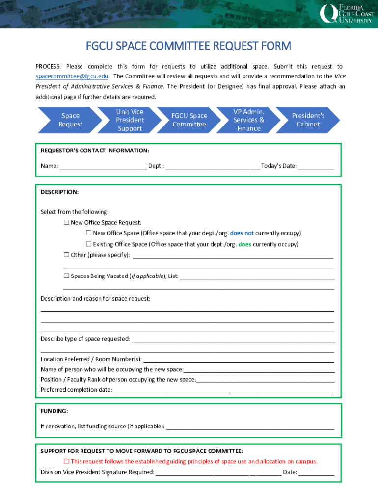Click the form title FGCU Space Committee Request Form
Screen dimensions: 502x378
(x=189, y=46)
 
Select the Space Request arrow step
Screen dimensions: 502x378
(x=70, y=120)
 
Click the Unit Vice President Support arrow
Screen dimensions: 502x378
(x=130, y=120)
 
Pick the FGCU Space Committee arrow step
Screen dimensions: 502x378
(x=189, y=120)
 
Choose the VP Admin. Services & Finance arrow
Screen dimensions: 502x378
(x=248, y=120)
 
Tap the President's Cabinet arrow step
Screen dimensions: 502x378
(x=308, y=120)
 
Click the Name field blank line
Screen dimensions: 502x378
(x=103, y=166)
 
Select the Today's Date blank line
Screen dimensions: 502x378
(x=316, y=166)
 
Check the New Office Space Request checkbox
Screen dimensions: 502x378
(x=66, y=223)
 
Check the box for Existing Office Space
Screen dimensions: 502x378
(x=89, y=244)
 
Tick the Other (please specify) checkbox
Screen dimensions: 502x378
(x=66, y=255)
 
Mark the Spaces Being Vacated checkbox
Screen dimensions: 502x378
(x=66, y=276)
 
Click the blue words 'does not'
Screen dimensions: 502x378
(x=242, y=233)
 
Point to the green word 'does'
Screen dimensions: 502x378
(x=244, y=244)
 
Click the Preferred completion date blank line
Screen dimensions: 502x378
(x=223, y=390)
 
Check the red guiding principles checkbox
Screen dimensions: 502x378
(x=66, y=461)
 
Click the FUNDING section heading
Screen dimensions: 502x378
(x=54, y=411)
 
